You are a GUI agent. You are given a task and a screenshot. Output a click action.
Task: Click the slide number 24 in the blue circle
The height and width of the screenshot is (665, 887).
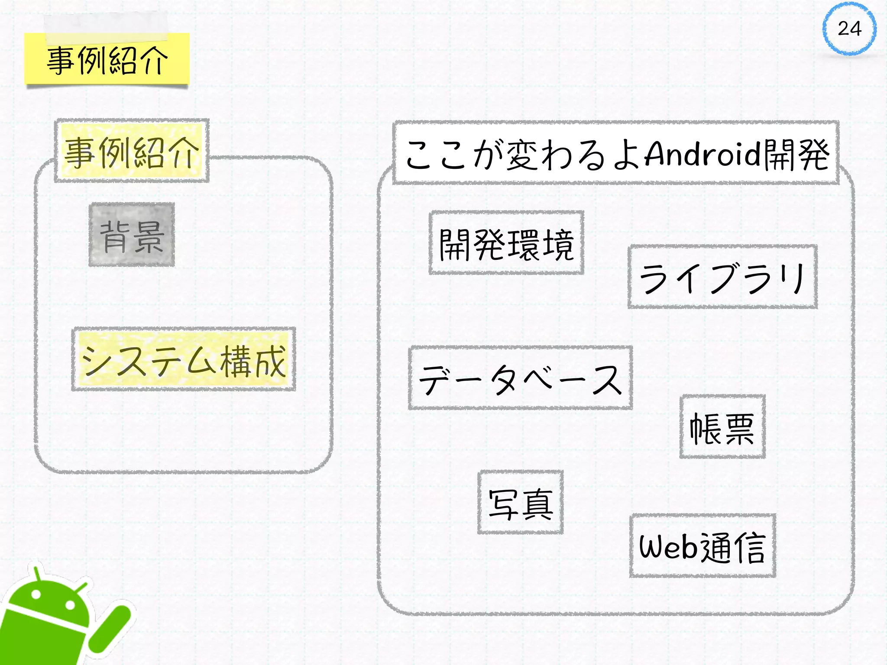tap(849, 29)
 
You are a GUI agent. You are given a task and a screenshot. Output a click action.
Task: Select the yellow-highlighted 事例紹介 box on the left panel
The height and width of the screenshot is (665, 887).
tap(132, 151)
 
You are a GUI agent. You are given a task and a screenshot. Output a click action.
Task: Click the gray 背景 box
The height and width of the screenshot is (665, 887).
tap(132, 235)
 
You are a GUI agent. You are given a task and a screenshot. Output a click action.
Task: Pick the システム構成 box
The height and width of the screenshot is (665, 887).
tap(184, 359)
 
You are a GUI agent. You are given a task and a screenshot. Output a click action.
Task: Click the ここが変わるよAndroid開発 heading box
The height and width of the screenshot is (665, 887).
tap(616, 154)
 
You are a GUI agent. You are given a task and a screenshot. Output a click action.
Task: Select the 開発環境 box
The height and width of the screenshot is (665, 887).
tap(506, 243)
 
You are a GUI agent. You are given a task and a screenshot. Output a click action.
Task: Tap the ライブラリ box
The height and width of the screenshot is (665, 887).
tap(722, 277)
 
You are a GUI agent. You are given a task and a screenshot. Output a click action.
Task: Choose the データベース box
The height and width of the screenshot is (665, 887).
tap(520, 378)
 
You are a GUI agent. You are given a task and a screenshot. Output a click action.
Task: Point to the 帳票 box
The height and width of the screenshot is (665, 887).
tap(722, 427)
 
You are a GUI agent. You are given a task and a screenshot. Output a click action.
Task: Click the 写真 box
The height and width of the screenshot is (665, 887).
tap(520, 502)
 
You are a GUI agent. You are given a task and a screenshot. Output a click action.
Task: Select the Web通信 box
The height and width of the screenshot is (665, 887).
tap(702, 546)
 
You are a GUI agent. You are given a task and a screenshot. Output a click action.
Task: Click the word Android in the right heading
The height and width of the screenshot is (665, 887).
tap(702, 154)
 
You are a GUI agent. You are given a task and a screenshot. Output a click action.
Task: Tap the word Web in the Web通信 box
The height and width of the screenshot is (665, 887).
tap(668, 547)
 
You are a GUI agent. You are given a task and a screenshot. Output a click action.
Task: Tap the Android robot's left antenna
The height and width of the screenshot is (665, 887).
tap(37, 572)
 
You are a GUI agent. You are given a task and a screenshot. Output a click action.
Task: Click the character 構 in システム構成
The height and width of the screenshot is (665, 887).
tap(236, 361)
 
